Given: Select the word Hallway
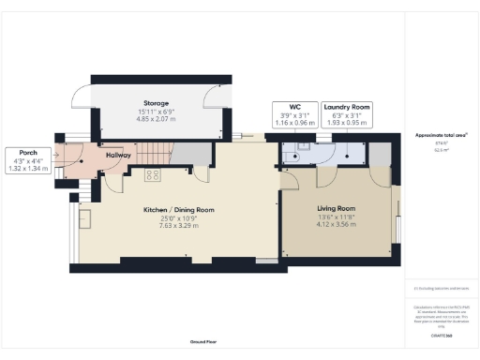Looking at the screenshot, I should (x=117, y=155).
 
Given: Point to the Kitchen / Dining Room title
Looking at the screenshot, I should (x=179, y=209).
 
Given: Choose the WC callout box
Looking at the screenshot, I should (x=293, y=114).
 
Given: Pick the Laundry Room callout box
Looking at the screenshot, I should (x=348, y=114).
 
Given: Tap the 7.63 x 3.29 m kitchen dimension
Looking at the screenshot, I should (x=179, y=225).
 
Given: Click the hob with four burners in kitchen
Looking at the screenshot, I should (x=153, y=175).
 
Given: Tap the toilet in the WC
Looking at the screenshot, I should (x=302, y=147).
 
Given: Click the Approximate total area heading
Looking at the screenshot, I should (x=441, y=135).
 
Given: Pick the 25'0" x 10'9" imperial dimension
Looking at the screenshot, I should (x=179, y=217).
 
